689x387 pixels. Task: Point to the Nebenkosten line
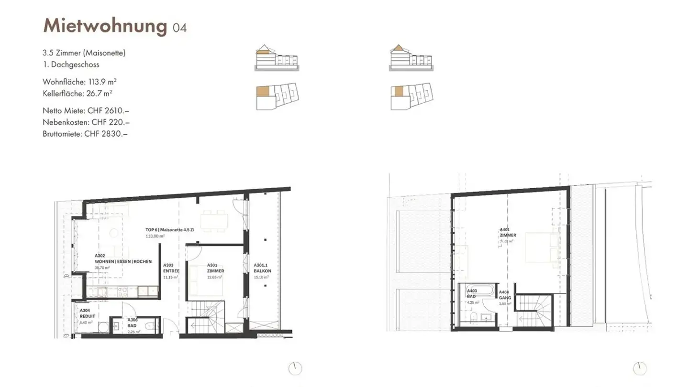[79, 122]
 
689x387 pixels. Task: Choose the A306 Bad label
[133, 322]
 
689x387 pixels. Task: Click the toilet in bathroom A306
[149, 326]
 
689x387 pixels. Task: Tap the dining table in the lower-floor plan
[214, 221]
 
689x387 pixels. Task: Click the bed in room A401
[541, 247]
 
